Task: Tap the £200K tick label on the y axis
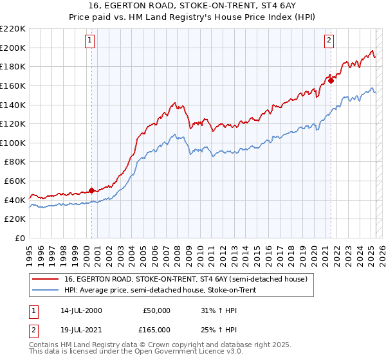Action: pos(13,48)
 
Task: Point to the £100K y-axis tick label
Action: pos(13,143)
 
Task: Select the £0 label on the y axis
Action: pos(19,238)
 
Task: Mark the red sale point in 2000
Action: pos(91,190)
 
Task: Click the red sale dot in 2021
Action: pos(331,80)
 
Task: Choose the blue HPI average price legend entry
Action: pos(167,289)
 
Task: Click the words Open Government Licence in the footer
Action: pos(142,352)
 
